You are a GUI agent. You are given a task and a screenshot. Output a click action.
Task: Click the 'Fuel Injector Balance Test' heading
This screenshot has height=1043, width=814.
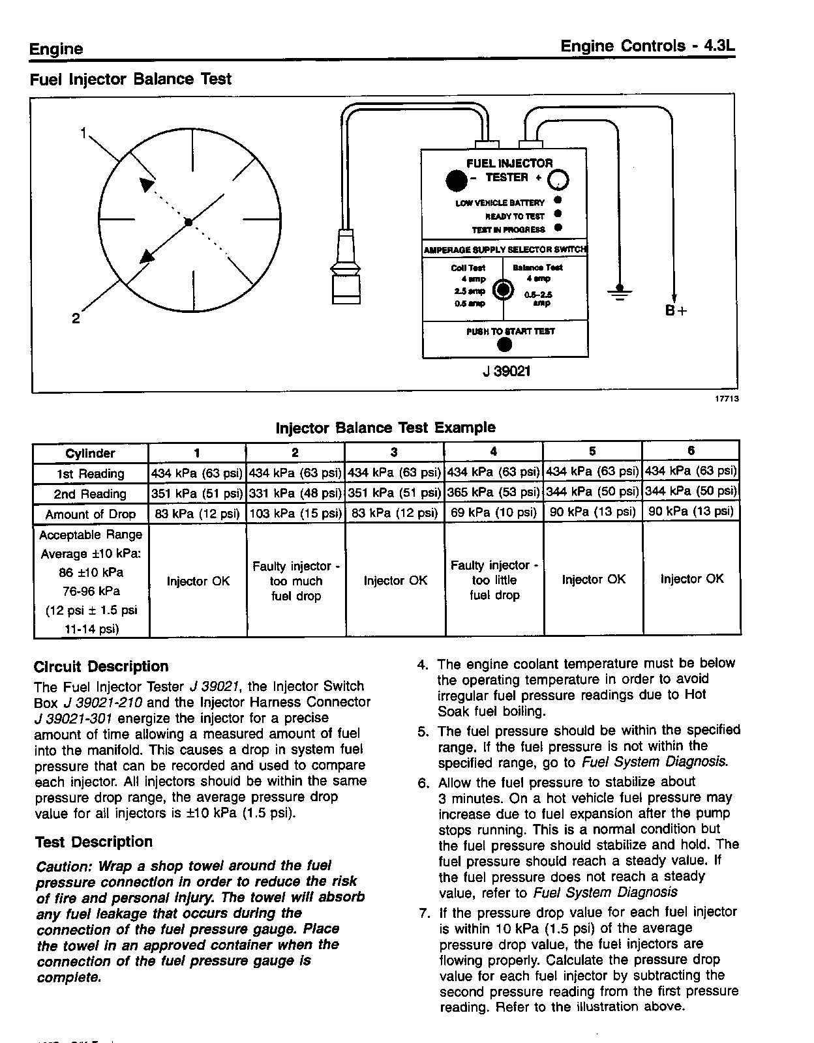[x=130, y=80]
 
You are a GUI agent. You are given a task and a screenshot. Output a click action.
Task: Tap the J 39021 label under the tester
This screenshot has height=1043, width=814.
[x=506, y=372]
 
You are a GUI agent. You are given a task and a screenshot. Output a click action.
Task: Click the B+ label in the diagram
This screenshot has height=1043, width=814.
[x=676, y=311]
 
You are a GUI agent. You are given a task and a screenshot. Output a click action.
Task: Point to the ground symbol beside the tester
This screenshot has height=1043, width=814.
[x=620, y=291]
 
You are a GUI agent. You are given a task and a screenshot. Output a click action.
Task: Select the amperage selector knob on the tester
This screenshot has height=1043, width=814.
[x=503, y=290]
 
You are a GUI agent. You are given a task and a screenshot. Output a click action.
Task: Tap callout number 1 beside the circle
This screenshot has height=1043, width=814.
[x=83, y=133]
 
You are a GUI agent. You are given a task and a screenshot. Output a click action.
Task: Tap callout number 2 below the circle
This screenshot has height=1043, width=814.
[x=76, y=319]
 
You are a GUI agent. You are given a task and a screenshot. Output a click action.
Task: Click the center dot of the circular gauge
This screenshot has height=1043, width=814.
[x=188, y=223]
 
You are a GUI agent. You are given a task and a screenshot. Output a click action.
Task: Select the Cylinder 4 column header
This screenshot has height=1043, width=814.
[x=493, y=452]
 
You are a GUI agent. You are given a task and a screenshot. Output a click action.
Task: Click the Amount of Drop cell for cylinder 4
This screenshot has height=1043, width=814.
[x=493, y=513]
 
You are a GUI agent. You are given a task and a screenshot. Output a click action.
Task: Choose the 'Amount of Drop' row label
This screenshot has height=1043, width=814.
[x=91, y=514]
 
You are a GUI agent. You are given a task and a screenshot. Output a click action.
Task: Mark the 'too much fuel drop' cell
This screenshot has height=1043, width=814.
[x=296, y=581]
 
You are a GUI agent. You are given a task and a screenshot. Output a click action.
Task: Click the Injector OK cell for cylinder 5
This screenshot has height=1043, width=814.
[x=593, y=580]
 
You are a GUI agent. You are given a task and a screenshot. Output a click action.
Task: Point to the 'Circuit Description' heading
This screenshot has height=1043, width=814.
[x=101, y=666]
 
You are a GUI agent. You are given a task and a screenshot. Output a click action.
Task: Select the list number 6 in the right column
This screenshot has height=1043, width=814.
[x=423, y=783]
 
